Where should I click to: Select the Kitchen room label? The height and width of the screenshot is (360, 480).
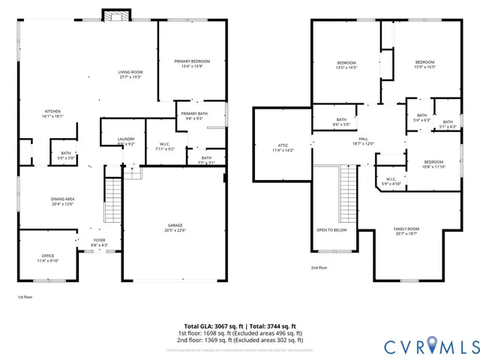(52, 113)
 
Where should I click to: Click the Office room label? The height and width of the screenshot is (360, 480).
(48, 258)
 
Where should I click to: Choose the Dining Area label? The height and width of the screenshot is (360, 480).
(63, 201)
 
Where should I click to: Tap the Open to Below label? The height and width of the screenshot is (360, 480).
(331, 230)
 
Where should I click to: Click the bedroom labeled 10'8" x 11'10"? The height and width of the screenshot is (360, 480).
(433, 164)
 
